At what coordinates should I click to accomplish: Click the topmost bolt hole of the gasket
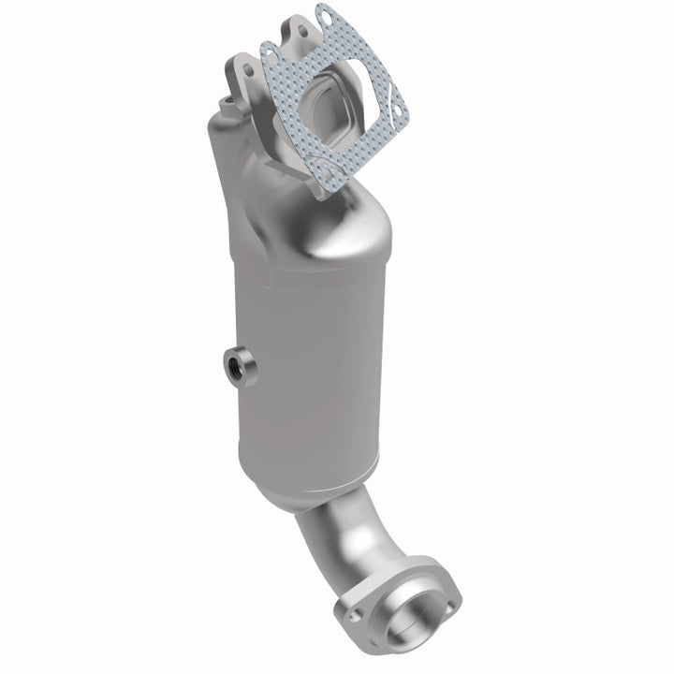click(324, 16)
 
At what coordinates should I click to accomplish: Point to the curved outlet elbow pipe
click(342, 538)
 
